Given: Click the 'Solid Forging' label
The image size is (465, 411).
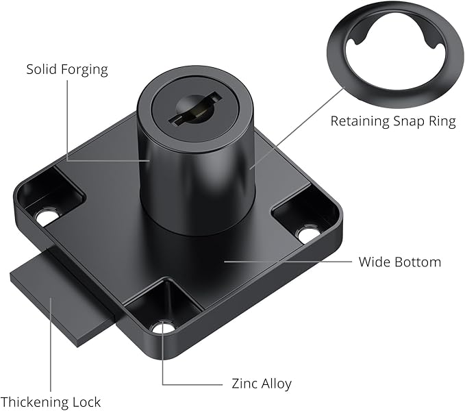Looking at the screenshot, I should [x=67, y=70].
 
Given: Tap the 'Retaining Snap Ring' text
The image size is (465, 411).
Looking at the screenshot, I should [x=392, y=121].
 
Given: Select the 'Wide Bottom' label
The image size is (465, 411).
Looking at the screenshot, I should [x=400, y=262].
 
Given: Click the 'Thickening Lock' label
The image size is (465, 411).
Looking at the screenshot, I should [x=51, y=402].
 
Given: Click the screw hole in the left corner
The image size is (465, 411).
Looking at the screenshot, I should [x=46, y=218].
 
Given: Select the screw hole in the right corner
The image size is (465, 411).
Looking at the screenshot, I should [x=308, y=234].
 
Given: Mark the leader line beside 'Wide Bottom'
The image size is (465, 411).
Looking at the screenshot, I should [x=288, y=261].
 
